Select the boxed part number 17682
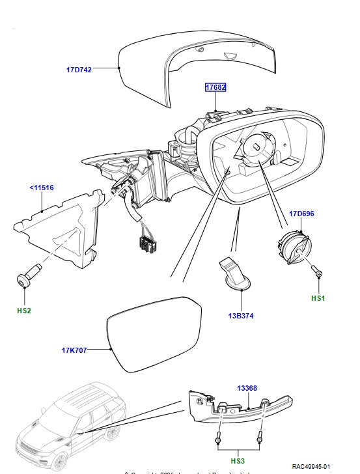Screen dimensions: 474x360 point(216,87)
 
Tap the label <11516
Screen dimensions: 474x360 point(41,188)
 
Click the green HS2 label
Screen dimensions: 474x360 point(23,311)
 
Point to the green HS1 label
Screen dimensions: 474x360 point(318,299)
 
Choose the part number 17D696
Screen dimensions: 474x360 point(302,213)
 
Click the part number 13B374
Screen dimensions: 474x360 point(241,316)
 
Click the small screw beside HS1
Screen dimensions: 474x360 point(318,272)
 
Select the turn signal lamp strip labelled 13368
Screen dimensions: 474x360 point(228,410)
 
